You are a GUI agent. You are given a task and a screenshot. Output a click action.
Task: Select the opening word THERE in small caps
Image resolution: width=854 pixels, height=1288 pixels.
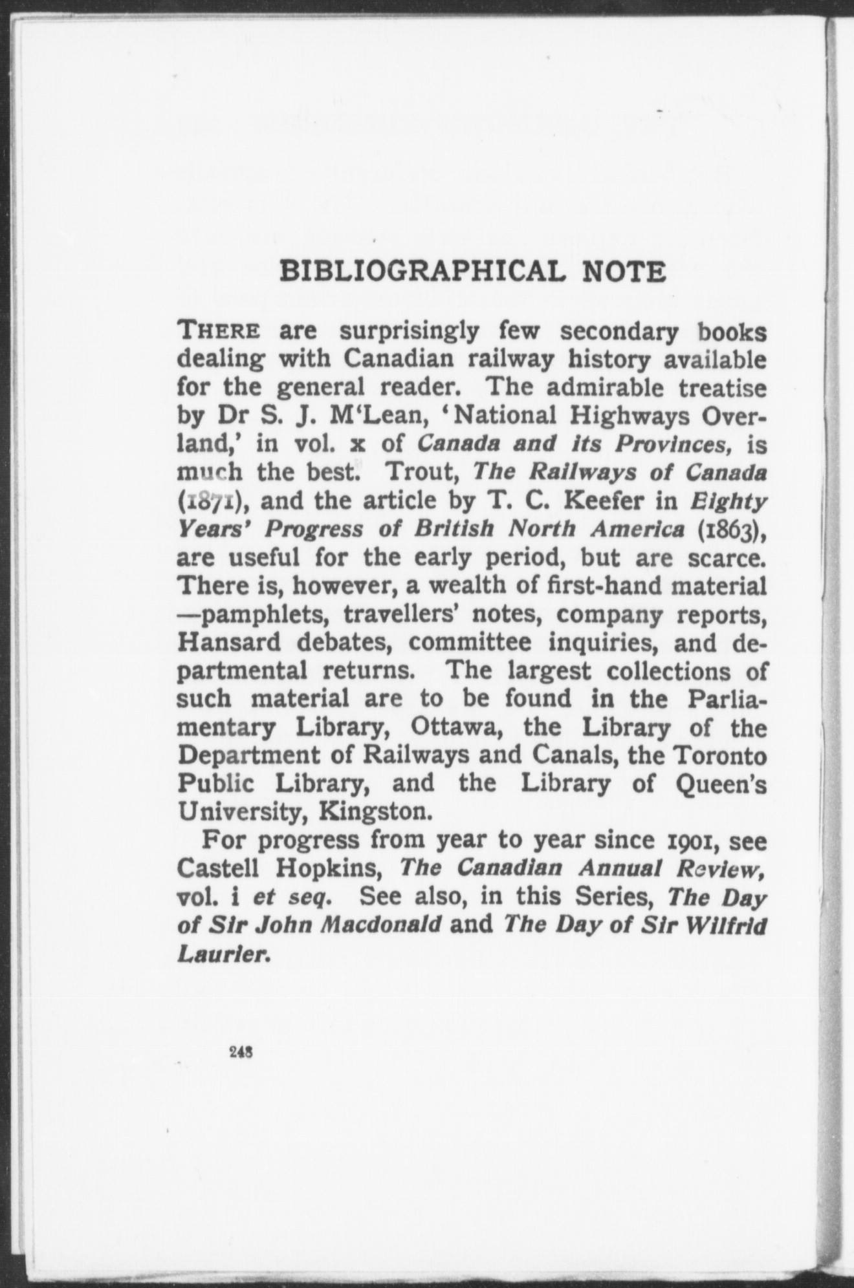click(219, 332)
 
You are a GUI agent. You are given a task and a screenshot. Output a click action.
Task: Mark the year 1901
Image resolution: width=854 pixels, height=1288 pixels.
click(692, 841)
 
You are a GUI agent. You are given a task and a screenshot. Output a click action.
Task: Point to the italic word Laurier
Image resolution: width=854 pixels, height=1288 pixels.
click(222, 953)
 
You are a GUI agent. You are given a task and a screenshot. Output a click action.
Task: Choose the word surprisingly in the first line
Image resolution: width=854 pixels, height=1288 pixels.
click(410, 332)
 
